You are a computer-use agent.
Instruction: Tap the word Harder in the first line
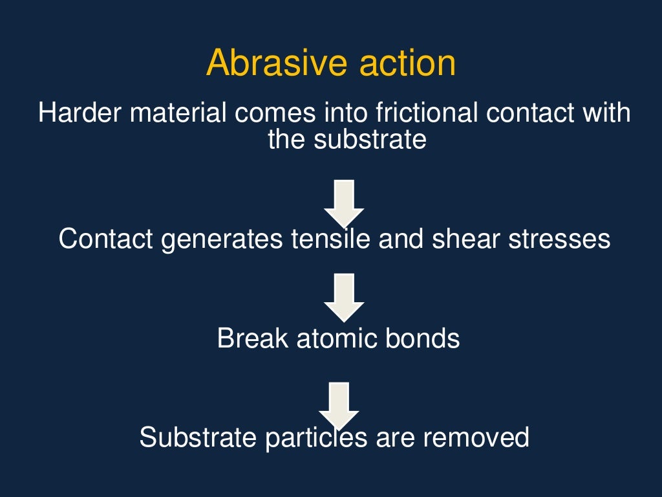[80, 113]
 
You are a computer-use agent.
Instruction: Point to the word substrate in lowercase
[370, 139]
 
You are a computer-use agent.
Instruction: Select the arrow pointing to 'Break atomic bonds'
[344, 297]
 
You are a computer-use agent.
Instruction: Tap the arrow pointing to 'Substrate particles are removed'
[339, 404]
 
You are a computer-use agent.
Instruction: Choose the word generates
[221, 239]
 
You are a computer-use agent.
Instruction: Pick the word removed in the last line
[476, 437]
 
